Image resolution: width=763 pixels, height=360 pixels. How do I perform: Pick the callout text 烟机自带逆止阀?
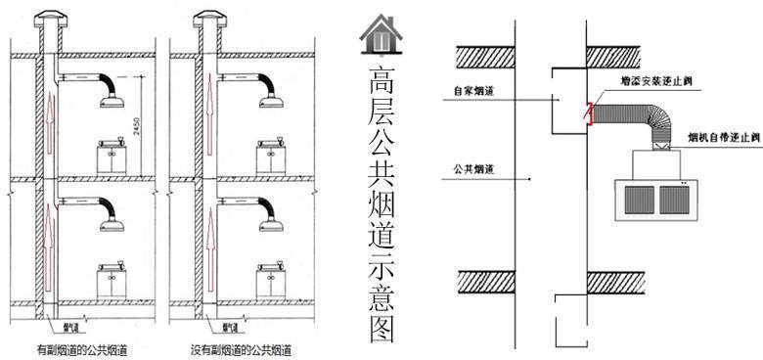[x=725, y=137]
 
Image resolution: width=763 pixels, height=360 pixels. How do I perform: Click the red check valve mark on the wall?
[x=588, y=113]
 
